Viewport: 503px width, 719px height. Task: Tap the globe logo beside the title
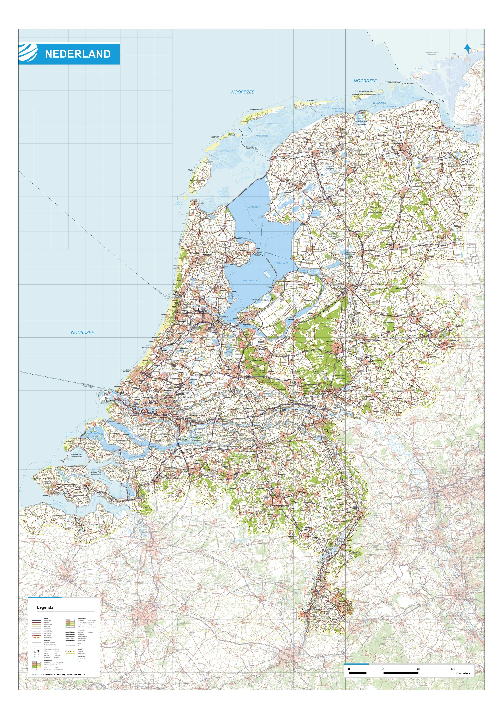click(28, 53)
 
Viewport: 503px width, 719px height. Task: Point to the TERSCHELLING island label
click(256, 110)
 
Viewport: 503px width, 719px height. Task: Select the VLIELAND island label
click(215, 137)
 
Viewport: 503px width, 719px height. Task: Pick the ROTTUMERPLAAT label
click(393, 82)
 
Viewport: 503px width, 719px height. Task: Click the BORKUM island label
click(418, 68)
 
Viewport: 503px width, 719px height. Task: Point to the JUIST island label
click(454, 54)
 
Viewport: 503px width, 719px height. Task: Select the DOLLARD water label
click(471, 135)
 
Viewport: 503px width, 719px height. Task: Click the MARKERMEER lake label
click(250, 280)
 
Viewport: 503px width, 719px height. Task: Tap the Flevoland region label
click(295, 296)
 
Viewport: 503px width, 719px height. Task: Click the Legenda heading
click(45, 607)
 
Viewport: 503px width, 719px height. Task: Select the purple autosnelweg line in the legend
click(37, 620)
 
